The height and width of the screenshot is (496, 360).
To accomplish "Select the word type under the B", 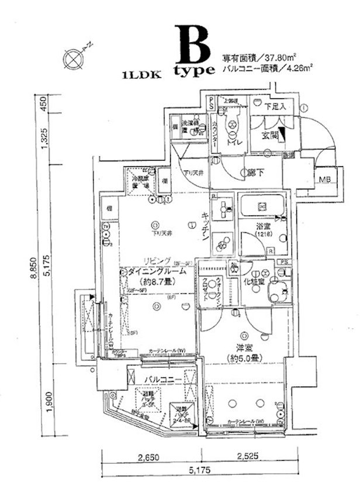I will pos(194,71).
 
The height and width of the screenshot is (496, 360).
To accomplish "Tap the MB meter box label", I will pos(324,178).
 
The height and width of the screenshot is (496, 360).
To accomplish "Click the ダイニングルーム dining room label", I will pos(158,271).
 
